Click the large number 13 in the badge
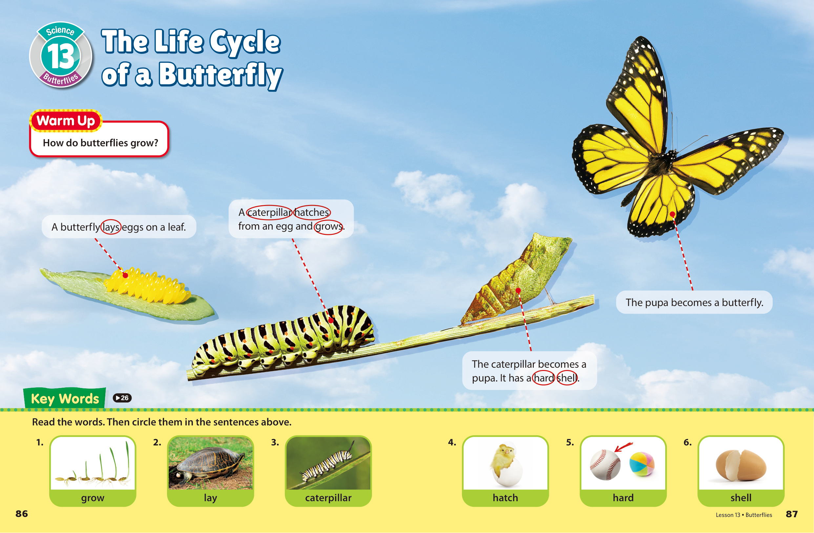point(61,56)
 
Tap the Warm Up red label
point(66,121)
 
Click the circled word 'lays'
point(111,227)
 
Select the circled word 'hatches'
point(312,212)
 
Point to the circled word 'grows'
point(329,226)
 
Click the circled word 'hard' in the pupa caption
point(544,378)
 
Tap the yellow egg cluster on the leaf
point(147,286)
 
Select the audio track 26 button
point(122,398)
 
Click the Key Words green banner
point(65,398)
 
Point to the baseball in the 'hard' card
point(605,465)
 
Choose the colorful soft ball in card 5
point(642,463)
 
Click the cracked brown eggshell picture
point(741,465)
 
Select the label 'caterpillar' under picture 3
point(328,498)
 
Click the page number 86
point(22,514)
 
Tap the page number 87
point(792,514)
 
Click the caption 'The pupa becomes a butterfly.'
point(694,302)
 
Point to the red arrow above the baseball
point(623,447)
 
